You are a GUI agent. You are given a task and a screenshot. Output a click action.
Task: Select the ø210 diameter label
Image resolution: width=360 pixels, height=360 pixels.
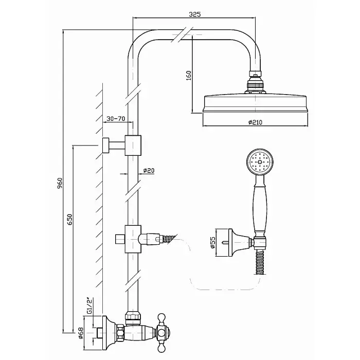point(255,122)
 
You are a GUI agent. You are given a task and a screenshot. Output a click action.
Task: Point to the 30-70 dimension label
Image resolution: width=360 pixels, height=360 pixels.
point(116,119)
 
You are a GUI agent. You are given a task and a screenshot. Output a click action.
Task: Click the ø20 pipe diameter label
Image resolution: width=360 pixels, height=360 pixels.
point(148,171)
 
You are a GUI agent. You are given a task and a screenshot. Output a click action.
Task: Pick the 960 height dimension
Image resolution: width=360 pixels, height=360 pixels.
point(60,183)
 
